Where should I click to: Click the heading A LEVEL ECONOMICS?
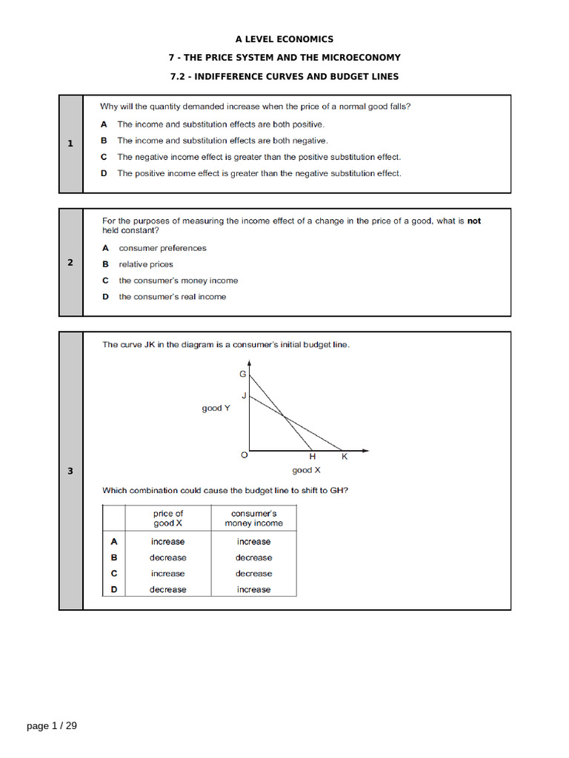pyautogui.click(x=284, y=39)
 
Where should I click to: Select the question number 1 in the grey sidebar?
pyautogui.click(x=70, y=144)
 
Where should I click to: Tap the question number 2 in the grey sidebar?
pyautogui.click(x=70, y=262)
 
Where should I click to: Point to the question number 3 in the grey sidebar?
pyautogui.click(x=70, y=471)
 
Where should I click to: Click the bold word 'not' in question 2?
pyautogui.click(x=473, y=221)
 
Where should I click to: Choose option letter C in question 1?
pyautogui.click(x=104, y=157)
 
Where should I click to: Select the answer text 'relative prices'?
pyautogui.click(x=146, y=264)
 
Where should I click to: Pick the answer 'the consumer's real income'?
pyautogui.click(x=173, y=297)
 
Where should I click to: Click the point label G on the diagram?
pyautogui.click(x=242, y=375)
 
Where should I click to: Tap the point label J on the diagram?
pyautogui.click(x=244, y=396)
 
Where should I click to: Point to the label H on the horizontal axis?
pyautogui.click(x=312, y=457)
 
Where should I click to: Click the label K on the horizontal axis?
pyautogui.click(x=344, y=457)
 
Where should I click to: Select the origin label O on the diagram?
pyautogui.click(x=244, y=456)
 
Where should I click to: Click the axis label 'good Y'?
pyautogui.click(x=216, y=408)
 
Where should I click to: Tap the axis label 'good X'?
pyautogui.click(x=306, y=470)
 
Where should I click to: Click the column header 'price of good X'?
pyautogui.click(x=168, y=518)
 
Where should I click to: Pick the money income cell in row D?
pyautogui.click(x=253, y=589)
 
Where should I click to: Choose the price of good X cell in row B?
pyautogui.click(x=168, y=557)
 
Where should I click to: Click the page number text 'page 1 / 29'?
pyautogui.click(x=52, y=726)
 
